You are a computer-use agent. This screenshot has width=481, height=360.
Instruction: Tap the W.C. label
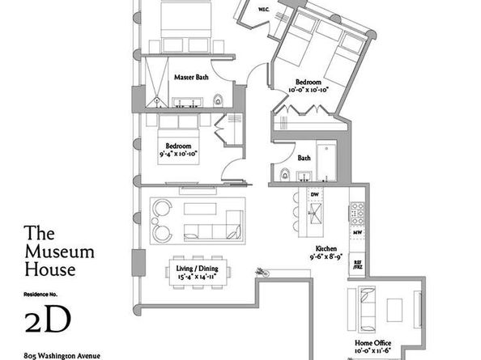tap(264, 10)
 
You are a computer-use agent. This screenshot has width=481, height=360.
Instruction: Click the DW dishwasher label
tap(315, 195)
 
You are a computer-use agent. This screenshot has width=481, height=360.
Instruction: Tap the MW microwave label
tap(357, 233)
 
